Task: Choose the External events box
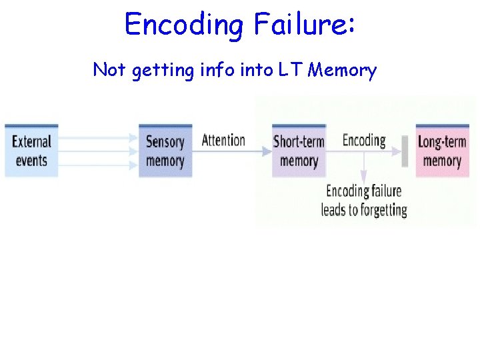(x=31, y=151)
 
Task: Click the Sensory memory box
(x=165, y=151)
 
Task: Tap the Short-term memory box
(x=299, y=151)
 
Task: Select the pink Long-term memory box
(x=442, y=151)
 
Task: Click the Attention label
(x=223, y=140)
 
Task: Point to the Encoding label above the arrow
(x=364, y=140)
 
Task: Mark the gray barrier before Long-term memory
(x=405, y=151)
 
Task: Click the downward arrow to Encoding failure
(x=364, y=167)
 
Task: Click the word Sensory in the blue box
(x=165, y=141)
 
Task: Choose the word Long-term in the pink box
(x=442, y=141)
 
